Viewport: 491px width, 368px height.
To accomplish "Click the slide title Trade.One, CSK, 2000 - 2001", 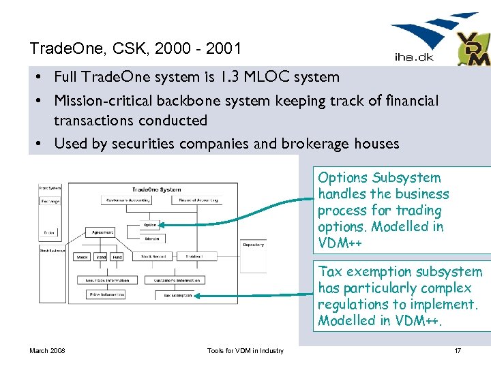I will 135,48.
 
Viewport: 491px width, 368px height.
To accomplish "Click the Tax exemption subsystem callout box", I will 401,296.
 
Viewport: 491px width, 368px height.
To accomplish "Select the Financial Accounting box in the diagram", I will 198,200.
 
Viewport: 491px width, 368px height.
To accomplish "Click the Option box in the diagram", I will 151,224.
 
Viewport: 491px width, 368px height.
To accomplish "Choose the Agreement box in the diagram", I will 104,232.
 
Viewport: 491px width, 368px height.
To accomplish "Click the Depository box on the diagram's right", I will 253,244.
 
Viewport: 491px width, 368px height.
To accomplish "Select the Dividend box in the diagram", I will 197,257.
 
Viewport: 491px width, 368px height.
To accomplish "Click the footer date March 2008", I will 47,351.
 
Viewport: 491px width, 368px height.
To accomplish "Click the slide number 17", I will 458,351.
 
